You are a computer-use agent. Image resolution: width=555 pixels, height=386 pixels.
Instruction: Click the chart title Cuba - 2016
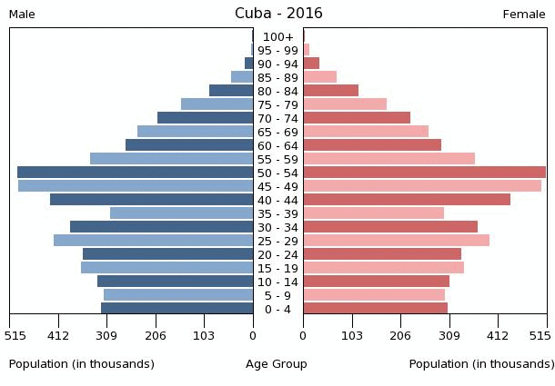tap(278, 14)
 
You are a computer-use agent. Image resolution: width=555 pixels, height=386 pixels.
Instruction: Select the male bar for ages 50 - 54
tap(136, 173)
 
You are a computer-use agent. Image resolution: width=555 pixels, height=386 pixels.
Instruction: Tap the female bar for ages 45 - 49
tap(422, 186)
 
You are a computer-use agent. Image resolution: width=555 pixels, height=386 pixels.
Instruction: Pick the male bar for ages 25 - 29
tap(154, 241)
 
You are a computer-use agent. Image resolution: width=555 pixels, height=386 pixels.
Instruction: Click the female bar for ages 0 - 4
tap(376, 309)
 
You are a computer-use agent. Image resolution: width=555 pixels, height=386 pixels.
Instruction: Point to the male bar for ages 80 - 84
tap(231, 91)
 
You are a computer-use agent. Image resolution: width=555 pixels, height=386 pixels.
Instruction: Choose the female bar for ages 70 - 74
tap(357, 118)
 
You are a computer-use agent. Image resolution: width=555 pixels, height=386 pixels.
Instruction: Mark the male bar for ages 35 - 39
tap(182, 213)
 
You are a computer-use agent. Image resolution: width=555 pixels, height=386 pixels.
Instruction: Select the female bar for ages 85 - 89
tap(320, 77)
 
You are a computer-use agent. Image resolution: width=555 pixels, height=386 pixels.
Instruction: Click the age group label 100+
tap(278, 37)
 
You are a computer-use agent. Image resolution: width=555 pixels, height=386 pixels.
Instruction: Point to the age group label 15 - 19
tap(278, 269)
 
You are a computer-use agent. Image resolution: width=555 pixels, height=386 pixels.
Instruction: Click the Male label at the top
tap(22, 15)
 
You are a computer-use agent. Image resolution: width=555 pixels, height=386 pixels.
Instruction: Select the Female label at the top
tap(524, 15)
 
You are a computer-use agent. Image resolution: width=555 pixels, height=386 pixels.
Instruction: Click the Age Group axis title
tap(277, 364)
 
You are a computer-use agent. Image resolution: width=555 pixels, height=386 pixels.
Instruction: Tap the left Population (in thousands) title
tap(82, 364)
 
